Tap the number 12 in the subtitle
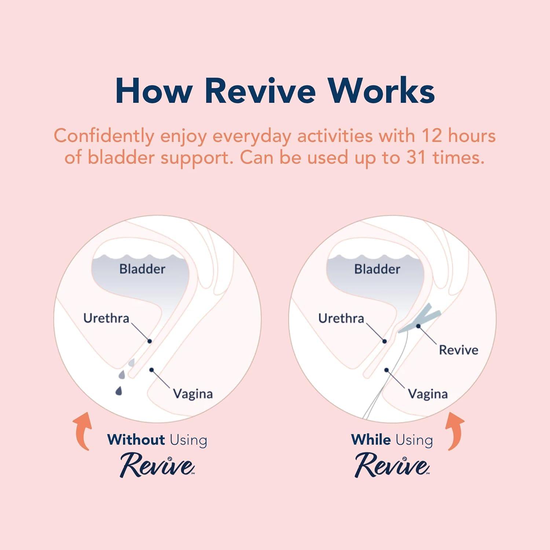pyautogui.click(x=431, y=136)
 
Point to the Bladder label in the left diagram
pyautogui.click(x=142, y=269)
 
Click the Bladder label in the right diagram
pyautogui.click(x=377, y=269)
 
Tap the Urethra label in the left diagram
pyautogui.click(x=106, y=318)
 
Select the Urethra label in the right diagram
pyautogui.click(x=341, y=318)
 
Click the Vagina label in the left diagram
pyautogui.click(x=193, y=394)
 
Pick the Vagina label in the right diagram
pyautogui.click(x=428, y=394)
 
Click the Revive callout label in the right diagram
pyautogui.click(x=458, y=350)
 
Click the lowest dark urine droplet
pyautogui.click(x=118, y=391)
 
